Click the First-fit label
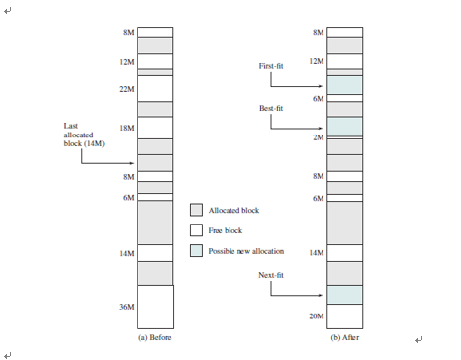point(272,66)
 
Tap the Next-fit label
point(272,274)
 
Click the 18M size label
point(127,129)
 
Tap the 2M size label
point(318,137)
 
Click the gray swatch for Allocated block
point(196,210)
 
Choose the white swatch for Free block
point(196,230)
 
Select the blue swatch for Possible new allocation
point(196,251)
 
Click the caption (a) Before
point(153,337)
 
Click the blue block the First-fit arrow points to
point(344,86)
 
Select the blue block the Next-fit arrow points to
point(344,295)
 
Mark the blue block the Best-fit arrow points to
point(344,127)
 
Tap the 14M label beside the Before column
point(127,253)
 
